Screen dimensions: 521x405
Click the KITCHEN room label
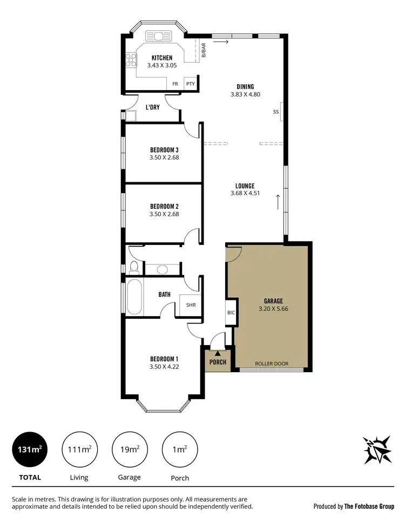point(162,58)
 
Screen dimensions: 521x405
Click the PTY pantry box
point(190,84)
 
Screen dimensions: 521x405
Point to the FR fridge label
point(175,84)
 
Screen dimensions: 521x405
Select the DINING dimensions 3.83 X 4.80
point(245,94)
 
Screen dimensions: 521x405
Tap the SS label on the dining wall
point(276,112)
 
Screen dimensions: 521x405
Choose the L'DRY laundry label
point(152,107)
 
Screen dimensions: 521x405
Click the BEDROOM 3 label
point(164,150)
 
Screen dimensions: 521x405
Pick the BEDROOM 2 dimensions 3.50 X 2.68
point(164,214)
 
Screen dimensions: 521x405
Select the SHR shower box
point(191,305)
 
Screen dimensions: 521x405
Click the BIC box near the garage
point(231,313)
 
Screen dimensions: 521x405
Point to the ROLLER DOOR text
point(272,364)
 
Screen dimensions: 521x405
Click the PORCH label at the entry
point(218,362)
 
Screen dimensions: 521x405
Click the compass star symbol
point(377,449)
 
